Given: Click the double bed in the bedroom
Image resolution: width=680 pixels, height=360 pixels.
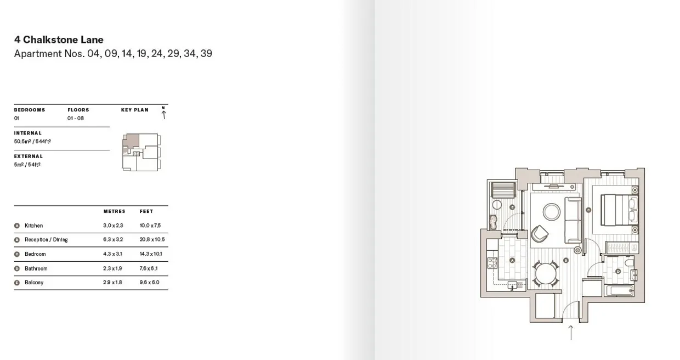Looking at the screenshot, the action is point(619,210).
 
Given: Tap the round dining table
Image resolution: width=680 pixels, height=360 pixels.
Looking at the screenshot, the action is point(546,273).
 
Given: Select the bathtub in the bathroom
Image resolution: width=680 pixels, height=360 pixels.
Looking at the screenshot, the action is point(619,291).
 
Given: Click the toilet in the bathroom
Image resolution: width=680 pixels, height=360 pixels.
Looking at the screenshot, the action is point(629,262).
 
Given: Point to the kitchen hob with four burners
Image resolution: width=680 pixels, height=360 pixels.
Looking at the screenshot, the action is point(492,263).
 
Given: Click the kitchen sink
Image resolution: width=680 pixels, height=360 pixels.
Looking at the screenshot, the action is point(512,285).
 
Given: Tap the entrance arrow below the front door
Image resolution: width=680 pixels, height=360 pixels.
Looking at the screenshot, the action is point(571,333).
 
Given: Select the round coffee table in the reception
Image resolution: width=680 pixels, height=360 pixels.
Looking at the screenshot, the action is point(552,211).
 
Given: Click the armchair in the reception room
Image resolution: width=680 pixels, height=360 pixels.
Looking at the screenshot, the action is point(540,234).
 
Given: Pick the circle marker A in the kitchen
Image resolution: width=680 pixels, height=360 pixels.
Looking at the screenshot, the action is point(512,260).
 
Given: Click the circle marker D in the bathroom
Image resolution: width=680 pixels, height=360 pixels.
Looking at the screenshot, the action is point(618,271).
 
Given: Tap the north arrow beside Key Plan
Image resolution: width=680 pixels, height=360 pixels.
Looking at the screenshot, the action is point(163,113).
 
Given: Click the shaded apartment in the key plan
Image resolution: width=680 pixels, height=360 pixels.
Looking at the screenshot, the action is point(133,140).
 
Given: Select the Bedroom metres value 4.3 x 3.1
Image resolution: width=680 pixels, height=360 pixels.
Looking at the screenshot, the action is point(112,254).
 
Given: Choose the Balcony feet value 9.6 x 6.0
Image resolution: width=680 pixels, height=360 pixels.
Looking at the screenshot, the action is point(149,282).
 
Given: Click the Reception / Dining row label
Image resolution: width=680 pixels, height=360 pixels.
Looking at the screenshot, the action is point(46,239).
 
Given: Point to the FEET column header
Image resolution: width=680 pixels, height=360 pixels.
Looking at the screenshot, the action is point(146,211).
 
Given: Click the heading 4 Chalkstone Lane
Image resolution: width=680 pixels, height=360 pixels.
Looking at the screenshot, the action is point(59,40).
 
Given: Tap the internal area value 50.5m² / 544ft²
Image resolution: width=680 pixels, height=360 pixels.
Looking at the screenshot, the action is point(32,141).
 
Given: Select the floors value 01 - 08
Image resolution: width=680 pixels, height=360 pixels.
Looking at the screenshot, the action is point(76,118).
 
